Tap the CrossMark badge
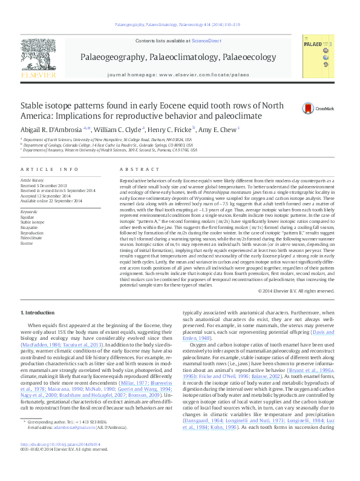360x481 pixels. tap(307, 108)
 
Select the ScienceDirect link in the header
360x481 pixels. tap(206, 41)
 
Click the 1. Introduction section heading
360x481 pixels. tap(38, 312)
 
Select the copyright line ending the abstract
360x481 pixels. tap(295, 291)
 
